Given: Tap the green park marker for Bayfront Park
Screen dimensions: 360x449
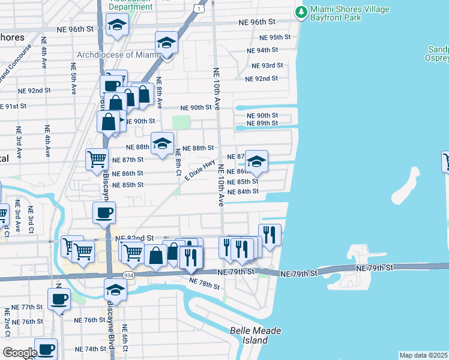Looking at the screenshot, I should tap(300, 11).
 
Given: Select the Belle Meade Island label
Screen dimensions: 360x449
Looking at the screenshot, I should tap(256, 335).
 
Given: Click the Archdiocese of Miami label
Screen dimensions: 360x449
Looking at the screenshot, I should tap(116, 55).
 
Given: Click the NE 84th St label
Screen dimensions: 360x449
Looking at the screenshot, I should tap(243, 191).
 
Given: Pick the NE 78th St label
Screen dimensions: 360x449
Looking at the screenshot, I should tap(204, 283).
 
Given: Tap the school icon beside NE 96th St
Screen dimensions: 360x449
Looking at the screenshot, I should tap(117, 25).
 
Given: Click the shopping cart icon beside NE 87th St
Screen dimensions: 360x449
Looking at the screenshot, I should tap(97, 160).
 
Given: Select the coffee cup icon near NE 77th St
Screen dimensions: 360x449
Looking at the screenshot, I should tap(59, 299).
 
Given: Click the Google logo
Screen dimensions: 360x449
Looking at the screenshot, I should tap(19, 352).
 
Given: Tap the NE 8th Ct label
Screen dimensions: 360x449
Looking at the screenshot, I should tap(178, 163).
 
